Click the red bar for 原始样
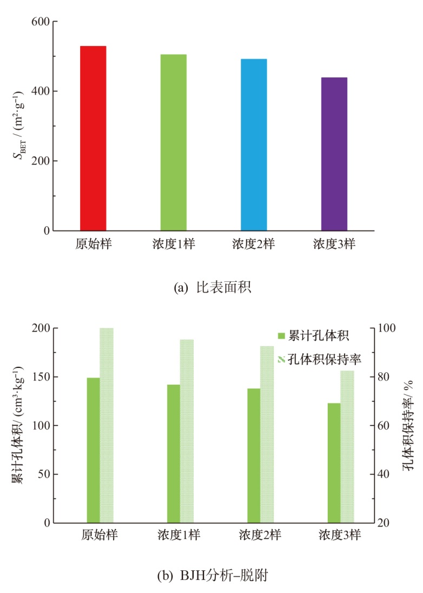[x=93, y=139]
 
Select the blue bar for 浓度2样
[x=254, y=145]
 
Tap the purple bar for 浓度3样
[x=334, y=154]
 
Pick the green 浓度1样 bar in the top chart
[x=173, y=143]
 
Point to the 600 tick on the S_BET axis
[x=42, y=22]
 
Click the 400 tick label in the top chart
[x=42, y=91]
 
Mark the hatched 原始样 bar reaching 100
[x=107, y=425]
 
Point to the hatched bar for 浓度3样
[x=347, y=447]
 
